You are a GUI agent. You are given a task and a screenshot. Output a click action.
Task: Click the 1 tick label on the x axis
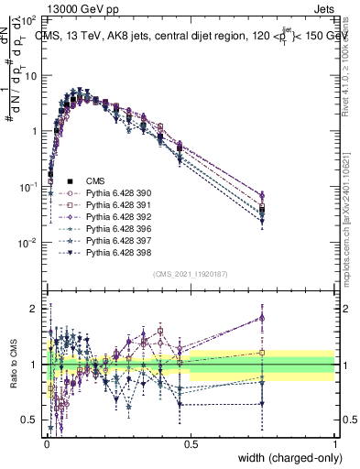[x=334, y=444]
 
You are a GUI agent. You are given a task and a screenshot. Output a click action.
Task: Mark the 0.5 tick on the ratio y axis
[x=32, y=420]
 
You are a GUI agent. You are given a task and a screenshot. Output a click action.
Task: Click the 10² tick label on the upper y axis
[x=30, y=18]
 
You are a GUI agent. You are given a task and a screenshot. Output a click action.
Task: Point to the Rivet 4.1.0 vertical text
[x=345, y=64]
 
